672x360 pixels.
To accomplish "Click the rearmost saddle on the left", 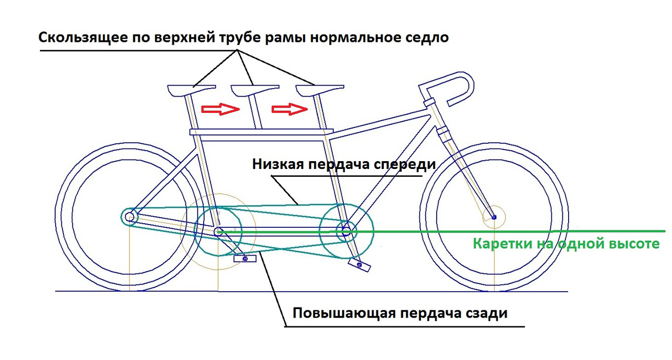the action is (191, 90).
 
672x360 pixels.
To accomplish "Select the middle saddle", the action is (255, 90).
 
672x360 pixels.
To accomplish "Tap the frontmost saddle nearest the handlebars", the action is (319, 90).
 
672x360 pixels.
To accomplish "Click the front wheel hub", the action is (493, 216).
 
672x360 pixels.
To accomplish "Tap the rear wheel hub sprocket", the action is (129, 216).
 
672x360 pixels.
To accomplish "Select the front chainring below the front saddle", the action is (346, 229).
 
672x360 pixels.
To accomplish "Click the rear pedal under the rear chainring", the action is (241, 258).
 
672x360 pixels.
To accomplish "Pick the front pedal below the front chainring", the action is (360, 265).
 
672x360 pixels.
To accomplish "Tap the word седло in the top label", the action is (428, 38).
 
